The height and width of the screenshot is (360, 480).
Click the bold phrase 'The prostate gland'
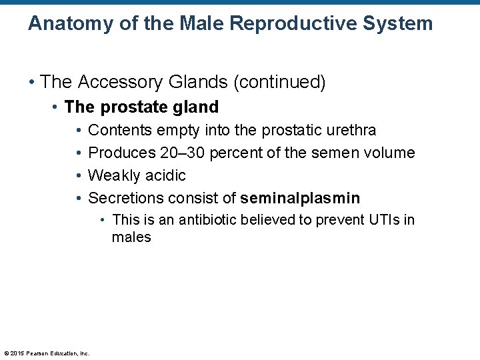(141, 107)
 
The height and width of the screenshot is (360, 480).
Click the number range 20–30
(182, 153)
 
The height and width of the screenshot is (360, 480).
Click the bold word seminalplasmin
(300, 198)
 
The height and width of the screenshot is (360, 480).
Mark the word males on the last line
(131, 237)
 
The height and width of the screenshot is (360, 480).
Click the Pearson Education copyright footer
(47, 353)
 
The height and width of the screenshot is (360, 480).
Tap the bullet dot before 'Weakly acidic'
(79, 175)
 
